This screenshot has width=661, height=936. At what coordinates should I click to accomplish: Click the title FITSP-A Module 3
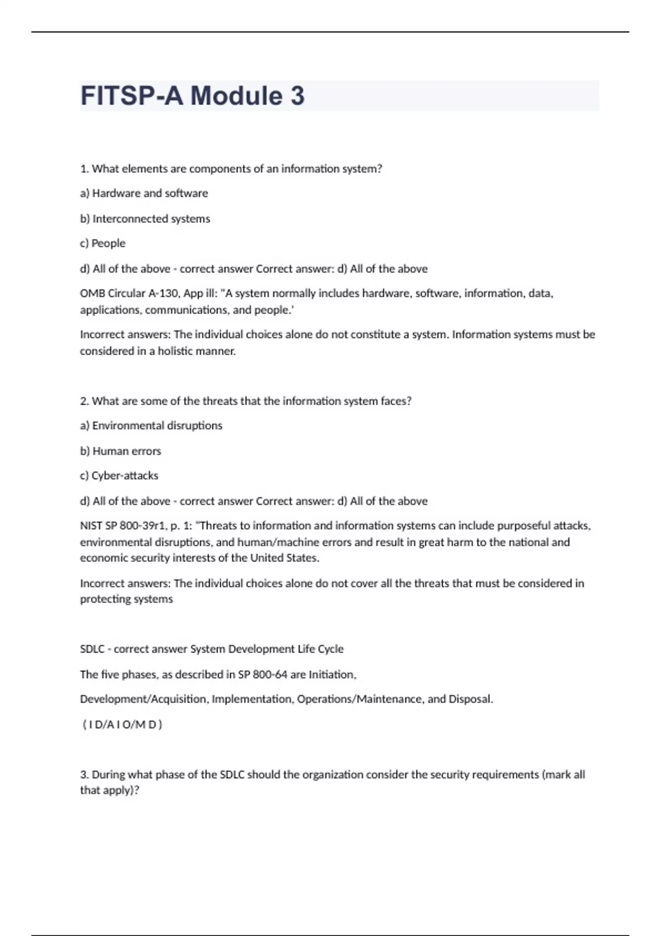(192, 96)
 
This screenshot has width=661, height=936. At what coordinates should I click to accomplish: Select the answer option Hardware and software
(150, 193)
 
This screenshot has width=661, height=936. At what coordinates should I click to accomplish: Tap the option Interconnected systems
(151, 219)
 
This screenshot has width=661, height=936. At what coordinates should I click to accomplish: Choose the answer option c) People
(103, 243)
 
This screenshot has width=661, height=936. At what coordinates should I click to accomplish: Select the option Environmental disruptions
(157, 426)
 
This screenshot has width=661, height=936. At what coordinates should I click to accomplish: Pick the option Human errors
(127, 451)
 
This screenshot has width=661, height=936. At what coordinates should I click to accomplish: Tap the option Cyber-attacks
(124, 476)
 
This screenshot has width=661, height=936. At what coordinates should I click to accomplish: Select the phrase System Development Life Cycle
(267, 649)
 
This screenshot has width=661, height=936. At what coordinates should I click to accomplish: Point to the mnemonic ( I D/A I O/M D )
(122, 725)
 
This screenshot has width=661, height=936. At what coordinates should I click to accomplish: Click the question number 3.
(84, 775)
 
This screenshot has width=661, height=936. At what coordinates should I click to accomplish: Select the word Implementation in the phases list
(253, 699)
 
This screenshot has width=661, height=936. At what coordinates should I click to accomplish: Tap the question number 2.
(84, 401)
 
